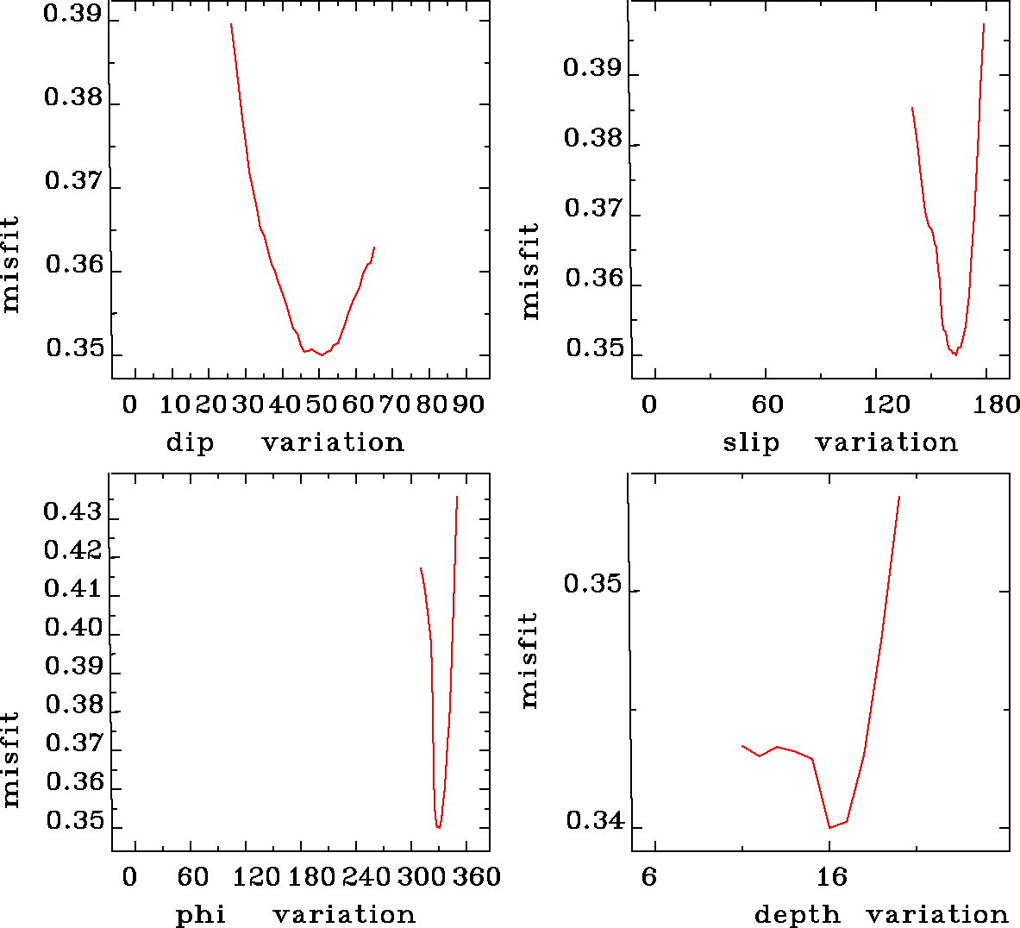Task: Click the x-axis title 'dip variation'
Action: [285, 443]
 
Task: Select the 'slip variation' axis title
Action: [840, 443]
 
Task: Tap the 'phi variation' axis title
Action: [296, 915]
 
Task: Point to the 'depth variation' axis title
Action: [880, 915]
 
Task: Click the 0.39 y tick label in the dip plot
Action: [72, 15]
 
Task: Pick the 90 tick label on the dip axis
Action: [468, 404]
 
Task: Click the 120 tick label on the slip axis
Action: [882, 404]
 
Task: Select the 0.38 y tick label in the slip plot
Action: [592, 138]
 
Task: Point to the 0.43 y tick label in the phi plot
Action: [72, 512]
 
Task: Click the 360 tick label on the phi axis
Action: [477, 877]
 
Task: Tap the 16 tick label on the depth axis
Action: [832, 877]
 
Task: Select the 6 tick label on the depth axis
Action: [649, 877]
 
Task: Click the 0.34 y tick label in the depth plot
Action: [594, 821]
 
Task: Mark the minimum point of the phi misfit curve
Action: [439, 828]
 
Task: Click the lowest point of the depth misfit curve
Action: [829, 828]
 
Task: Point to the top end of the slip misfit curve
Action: [984, 24]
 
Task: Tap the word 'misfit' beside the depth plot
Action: [529, 660]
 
